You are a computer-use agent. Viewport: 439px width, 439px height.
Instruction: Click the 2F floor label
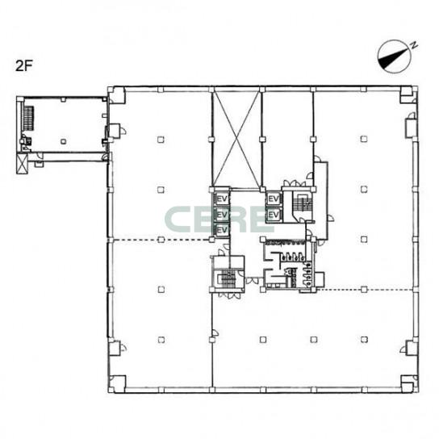click(24, 66)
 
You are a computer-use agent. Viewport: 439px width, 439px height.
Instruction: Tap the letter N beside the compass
click(414, 45)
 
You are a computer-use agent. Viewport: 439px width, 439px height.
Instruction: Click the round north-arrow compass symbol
click(394, 56)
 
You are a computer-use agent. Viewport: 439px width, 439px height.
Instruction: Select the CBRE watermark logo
click(219, 219)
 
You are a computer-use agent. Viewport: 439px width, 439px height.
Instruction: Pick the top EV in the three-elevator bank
click(222, 199)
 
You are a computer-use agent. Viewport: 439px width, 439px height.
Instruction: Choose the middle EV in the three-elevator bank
click(222, 215)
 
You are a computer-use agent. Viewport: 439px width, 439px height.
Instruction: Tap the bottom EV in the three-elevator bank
click(222, 230)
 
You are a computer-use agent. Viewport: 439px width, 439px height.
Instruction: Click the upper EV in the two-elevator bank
click(274, 199)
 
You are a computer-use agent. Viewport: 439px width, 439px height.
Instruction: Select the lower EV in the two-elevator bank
click(274, 215)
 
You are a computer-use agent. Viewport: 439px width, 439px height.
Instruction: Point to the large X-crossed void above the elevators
click(237, 140)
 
